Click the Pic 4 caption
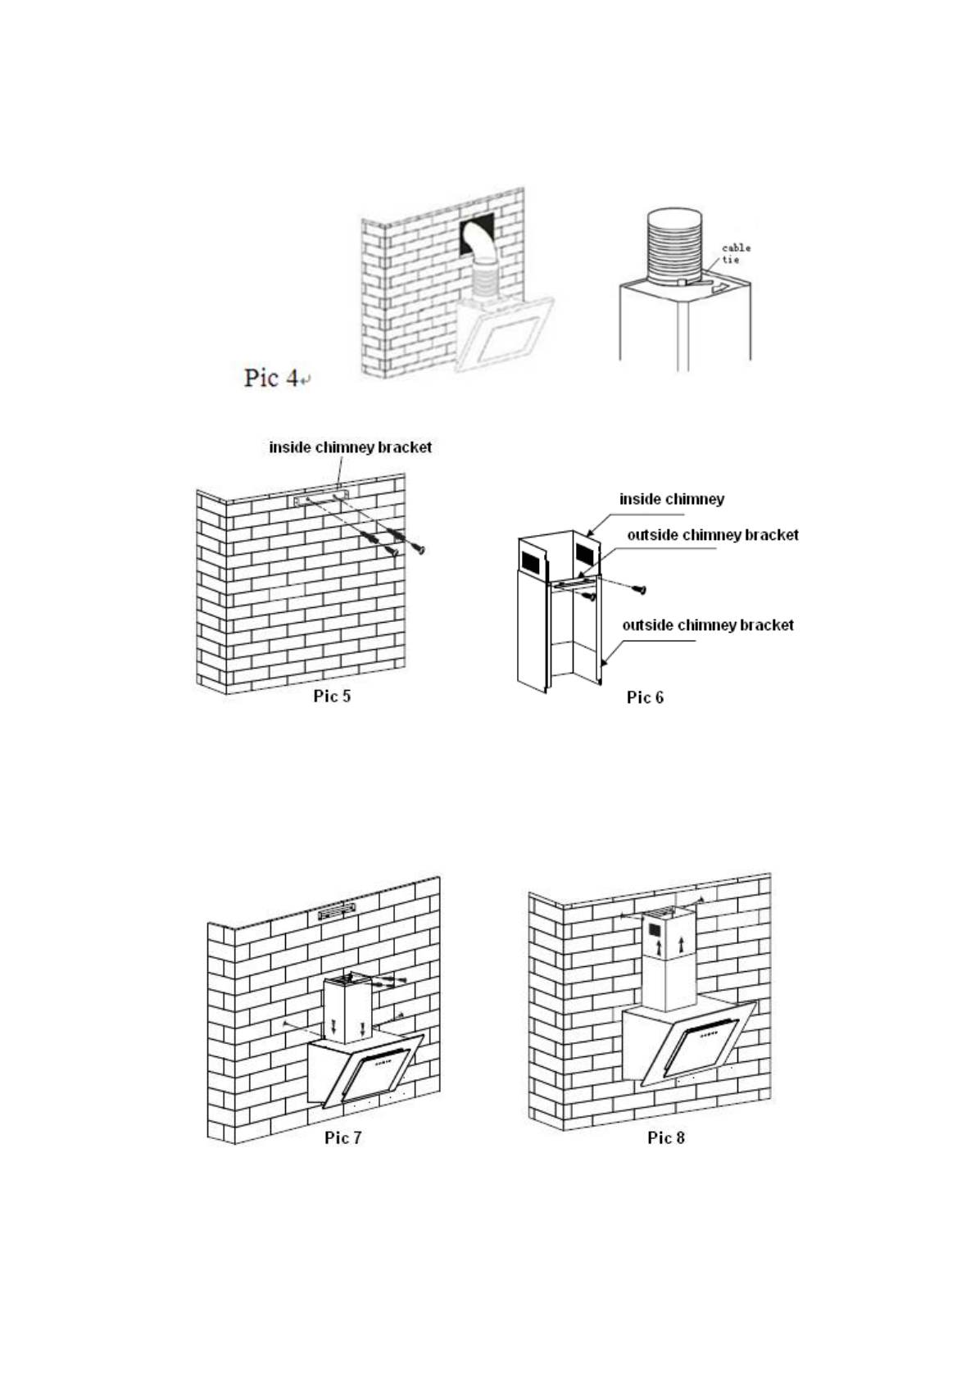(274, 378)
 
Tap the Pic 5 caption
(332, 696)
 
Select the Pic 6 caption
(645, 697)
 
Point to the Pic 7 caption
(342, 1137)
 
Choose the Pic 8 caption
(665, 1137)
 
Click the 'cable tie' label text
(735, 253)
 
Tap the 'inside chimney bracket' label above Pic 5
(350, 447)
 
